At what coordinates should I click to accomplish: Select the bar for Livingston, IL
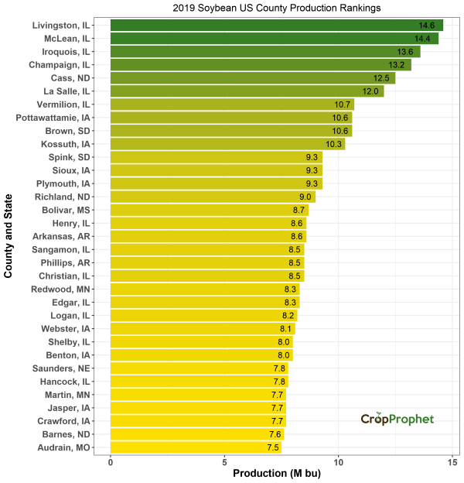pyautogui.click(x=276, y=26)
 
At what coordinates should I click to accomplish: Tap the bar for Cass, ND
pyautogui.click(x=252, y=78)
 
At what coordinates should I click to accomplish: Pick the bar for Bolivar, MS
pyautogui.click(x=209, y=210)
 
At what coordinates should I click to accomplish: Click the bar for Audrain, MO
pyautogui.click(x=195, y=447)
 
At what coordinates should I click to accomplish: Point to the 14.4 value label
pyautogui.click(x=422, y=39)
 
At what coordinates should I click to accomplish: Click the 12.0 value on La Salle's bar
pyautogui.click(x=371, y=91)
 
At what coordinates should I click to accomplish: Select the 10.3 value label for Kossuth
pyautogui.click(x=333, y=144)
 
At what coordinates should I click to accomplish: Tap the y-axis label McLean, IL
pyautogui.click(x=61, y=39)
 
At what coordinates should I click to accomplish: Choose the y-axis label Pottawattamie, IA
pyautogui.click(x=53, y=118)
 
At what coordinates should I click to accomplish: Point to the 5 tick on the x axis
pyautogui.click(x=225, y=462)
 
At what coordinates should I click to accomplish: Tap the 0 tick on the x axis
pyautogui.click(x=111, y=462)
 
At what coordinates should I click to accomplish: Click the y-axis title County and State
pyautogui.click(x=9, y=236)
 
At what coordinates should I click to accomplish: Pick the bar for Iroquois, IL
pyautogui.click(x=264, y=52)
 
